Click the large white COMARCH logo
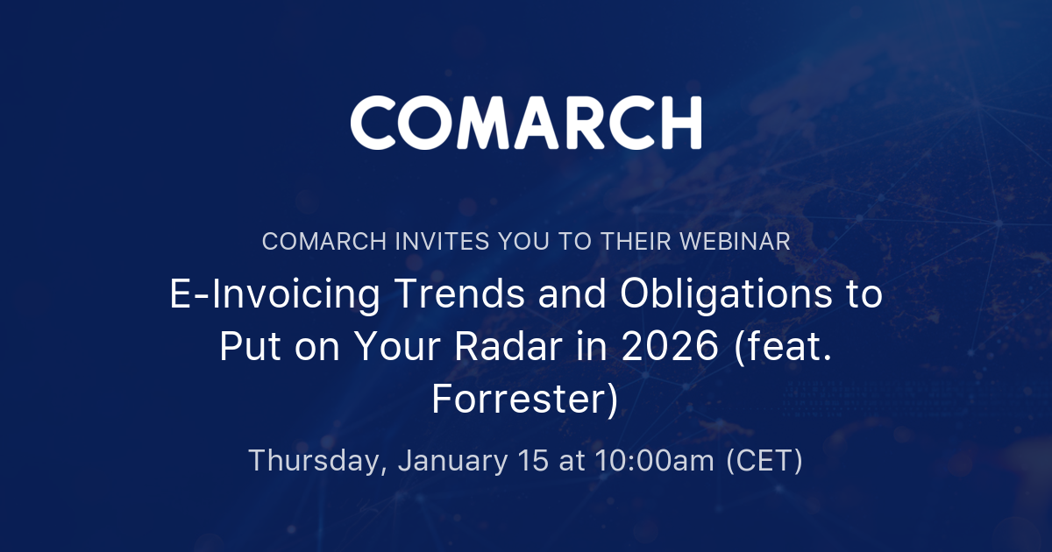pyautogui.click(x=526, y=123)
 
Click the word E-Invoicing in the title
pyautogui.click(x=274, y=296)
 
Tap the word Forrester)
pyautogui.click(x=525, y=399)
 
